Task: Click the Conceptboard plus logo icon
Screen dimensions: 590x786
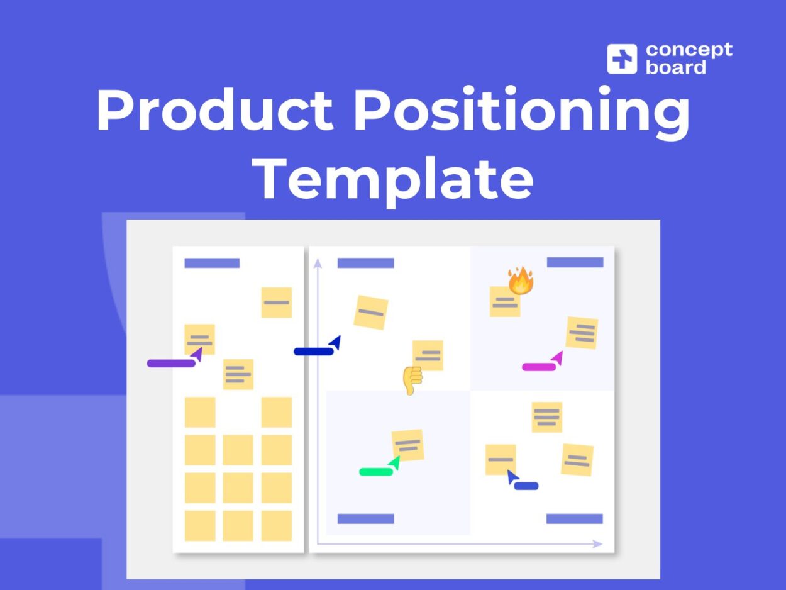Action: coord(621,58)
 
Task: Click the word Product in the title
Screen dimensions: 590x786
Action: coord(214,110)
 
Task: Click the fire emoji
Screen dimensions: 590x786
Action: coord(521,281)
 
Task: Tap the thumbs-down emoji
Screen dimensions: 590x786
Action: coord(412,380)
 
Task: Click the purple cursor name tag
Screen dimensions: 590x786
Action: coord(170,363)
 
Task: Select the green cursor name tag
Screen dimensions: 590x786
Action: coord(376,471)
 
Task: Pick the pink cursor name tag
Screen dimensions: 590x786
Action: coord(539,367)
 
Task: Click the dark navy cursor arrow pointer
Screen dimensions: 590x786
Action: coord(335,343)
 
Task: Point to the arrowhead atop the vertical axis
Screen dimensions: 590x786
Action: coord(318,262)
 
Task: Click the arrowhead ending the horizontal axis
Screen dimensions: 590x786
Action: coord(597,544)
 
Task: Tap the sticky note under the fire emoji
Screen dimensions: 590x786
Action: coord(504,303)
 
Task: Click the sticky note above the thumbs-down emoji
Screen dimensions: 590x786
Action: coord(428,355)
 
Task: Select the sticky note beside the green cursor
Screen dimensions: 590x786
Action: coord(407,445)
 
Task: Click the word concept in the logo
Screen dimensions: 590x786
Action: coord(689,50)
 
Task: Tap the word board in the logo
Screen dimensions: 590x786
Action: coord(675,67)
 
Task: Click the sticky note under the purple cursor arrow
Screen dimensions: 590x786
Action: coord(199,340)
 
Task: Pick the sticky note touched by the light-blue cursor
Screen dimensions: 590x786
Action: coord(501,459)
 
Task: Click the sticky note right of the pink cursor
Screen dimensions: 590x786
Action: coord(582,333)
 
